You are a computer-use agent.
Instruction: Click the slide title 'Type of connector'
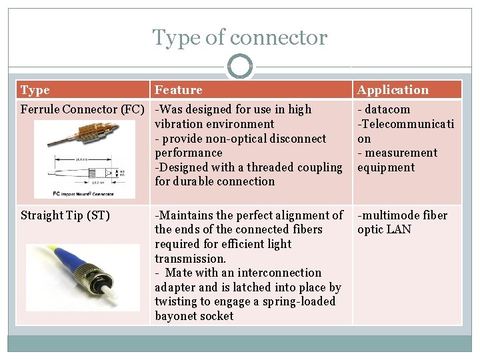point(240,37)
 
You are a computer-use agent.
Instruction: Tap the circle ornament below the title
point(240,67)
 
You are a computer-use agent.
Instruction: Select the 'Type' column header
point(35,90)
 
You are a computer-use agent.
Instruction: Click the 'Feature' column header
point(178,90)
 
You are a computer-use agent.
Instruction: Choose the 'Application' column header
point(393,90)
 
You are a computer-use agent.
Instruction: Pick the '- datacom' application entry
point(384,109)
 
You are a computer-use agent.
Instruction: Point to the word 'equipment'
point(386,167)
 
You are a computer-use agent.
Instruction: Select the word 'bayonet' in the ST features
point(176,316)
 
